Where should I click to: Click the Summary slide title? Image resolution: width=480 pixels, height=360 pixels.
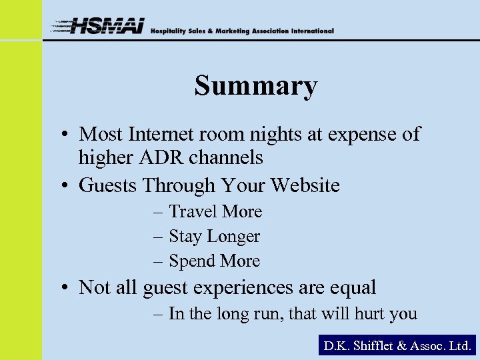click(256, 87)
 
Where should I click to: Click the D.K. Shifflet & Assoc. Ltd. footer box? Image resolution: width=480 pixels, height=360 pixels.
click(397, 345)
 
